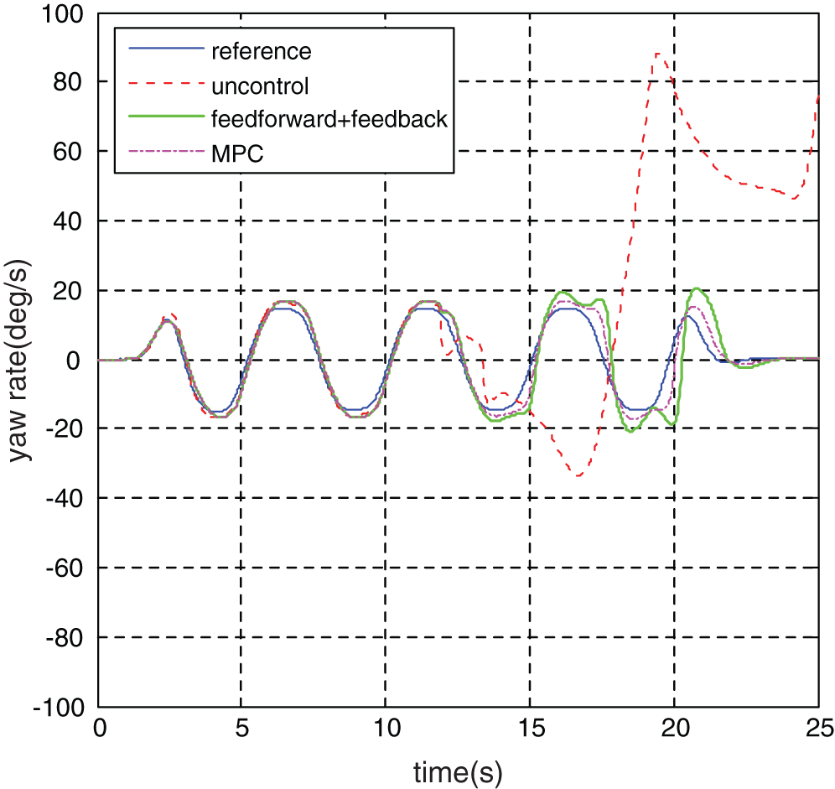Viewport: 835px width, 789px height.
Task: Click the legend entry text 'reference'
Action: pos(261,51)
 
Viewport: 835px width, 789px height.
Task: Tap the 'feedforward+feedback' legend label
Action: pos(330,119)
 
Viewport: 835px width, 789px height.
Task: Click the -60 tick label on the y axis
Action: pos(66,568)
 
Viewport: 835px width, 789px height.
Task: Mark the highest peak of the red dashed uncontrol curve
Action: pos(658,54)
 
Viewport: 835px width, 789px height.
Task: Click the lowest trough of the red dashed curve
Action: pos(578,475)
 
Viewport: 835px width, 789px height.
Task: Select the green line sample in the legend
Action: pos(166,119)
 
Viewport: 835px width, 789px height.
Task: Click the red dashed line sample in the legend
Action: pos(166,85)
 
